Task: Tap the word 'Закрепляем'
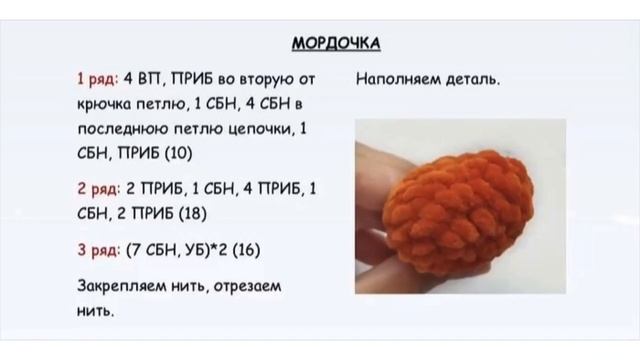(x=123, y=286)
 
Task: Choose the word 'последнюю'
(x=118, y=129)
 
